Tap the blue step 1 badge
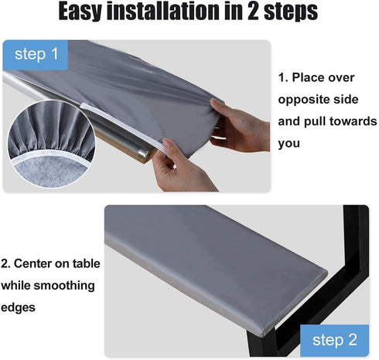36,55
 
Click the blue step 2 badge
335,341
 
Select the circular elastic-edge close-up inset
51,144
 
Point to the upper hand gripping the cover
240,126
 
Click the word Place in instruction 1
323,77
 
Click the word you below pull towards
289,144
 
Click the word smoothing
64,286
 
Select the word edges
18,307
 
